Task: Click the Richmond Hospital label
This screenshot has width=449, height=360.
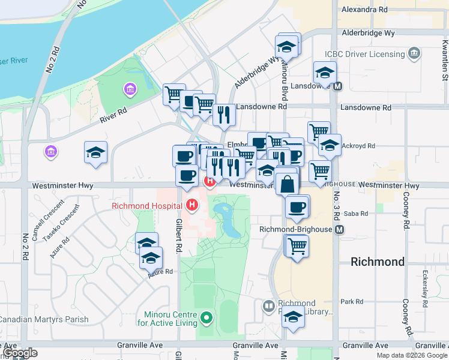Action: (147, 206)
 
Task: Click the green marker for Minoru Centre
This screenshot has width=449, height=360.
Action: (207, 317)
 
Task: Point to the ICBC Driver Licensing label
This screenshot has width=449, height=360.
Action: (365, 54)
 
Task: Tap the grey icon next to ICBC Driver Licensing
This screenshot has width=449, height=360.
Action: (413, 55)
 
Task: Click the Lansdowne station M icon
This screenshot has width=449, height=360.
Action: (339, 86)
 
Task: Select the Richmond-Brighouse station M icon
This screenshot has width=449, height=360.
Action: (340, 230)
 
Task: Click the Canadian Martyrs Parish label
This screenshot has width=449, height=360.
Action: (43, 320)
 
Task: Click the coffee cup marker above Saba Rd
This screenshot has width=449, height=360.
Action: (296, 207)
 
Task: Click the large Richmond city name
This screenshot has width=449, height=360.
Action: (378, 262)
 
